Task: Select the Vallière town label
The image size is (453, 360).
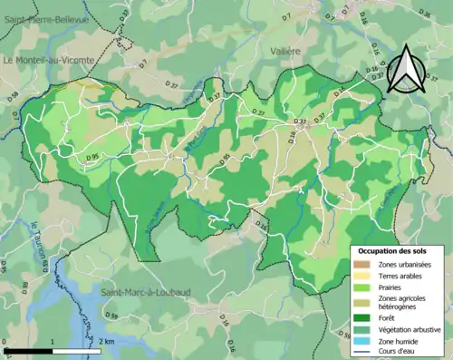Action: coord(284,53)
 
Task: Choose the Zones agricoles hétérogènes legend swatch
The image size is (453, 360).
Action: coord(363,302)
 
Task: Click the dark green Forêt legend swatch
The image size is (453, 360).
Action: coord(363,317)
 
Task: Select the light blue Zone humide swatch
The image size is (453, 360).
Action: coord(363,341)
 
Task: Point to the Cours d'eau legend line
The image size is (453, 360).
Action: coord(363,353)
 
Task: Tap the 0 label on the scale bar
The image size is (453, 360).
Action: coord(5,342)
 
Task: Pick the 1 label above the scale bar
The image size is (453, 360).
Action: coord(53,342)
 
